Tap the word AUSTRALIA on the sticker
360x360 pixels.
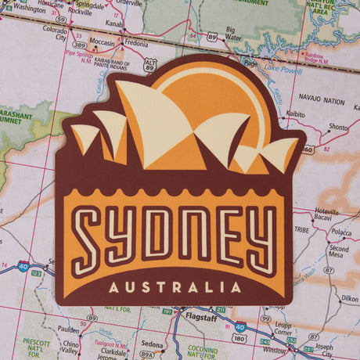[x=175, y=287]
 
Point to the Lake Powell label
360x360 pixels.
[x=283, y=70]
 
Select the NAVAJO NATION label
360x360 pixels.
[x=322, y=101]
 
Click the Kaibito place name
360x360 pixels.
[x=295, y=114]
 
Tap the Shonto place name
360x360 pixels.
[x=338, y=126]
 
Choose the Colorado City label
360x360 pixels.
[x=55, y=32]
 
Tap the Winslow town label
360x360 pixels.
[x=275, y=350]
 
